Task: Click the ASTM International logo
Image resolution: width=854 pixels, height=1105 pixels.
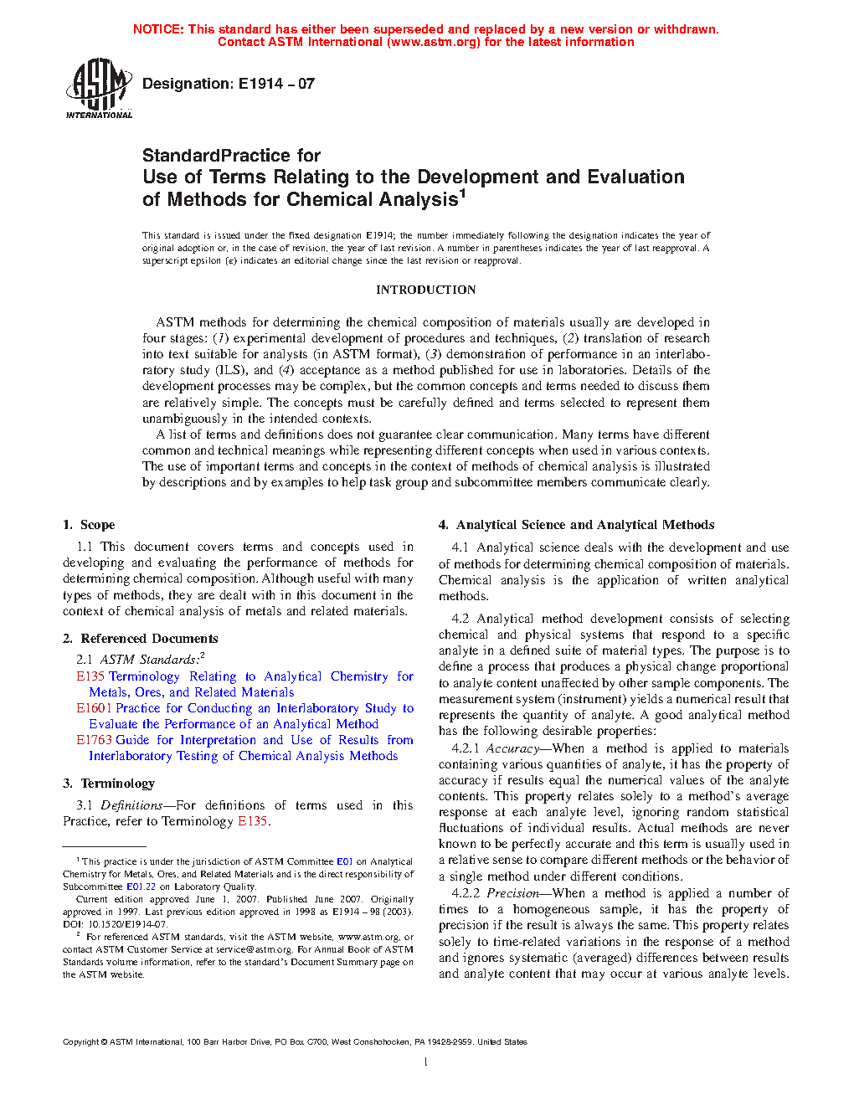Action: [99, 88]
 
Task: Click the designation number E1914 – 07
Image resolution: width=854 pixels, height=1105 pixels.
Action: [276, 84]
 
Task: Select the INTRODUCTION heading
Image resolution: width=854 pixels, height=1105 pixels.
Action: [425, 290]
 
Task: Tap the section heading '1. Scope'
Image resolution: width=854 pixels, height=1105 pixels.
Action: [89, 525]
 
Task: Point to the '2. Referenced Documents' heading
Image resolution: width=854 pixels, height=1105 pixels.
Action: [140, 638]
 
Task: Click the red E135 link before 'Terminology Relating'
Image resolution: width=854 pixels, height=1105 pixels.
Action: [90, 676]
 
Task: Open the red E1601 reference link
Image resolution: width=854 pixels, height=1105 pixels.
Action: [94, 708]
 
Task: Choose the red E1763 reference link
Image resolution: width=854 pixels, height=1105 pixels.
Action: [94, 740]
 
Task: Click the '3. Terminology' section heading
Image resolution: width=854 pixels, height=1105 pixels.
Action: [109, 784]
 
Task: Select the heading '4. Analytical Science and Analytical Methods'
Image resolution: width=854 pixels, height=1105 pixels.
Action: [576, 525]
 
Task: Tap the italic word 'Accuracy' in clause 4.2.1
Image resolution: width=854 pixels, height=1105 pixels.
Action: [512, 748]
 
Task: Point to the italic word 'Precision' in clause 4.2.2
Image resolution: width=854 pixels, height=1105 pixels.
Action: [513, 893]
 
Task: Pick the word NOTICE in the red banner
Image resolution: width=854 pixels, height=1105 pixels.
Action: [158, 29]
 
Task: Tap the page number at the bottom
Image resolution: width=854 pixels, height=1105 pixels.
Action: [426, 1062]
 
